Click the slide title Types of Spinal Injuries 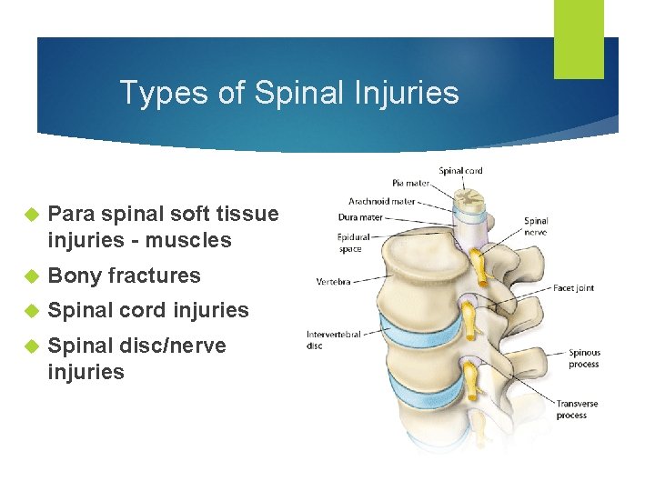pos(289,93)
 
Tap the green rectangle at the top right pos(579,38)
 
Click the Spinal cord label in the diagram pos(460,170)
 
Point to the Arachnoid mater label pos(382,201)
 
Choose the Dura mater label pos(359,217)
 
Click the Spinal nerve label pos(536,226)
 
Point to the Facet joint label pos(573,287)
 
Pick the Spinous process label pos(584,358)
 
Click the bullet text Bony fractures pos(124,276)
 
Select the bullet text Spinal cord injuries pos(148,310)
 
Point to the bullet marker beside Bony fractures pos(28,276)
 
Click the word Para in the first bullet pos(71,215)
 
